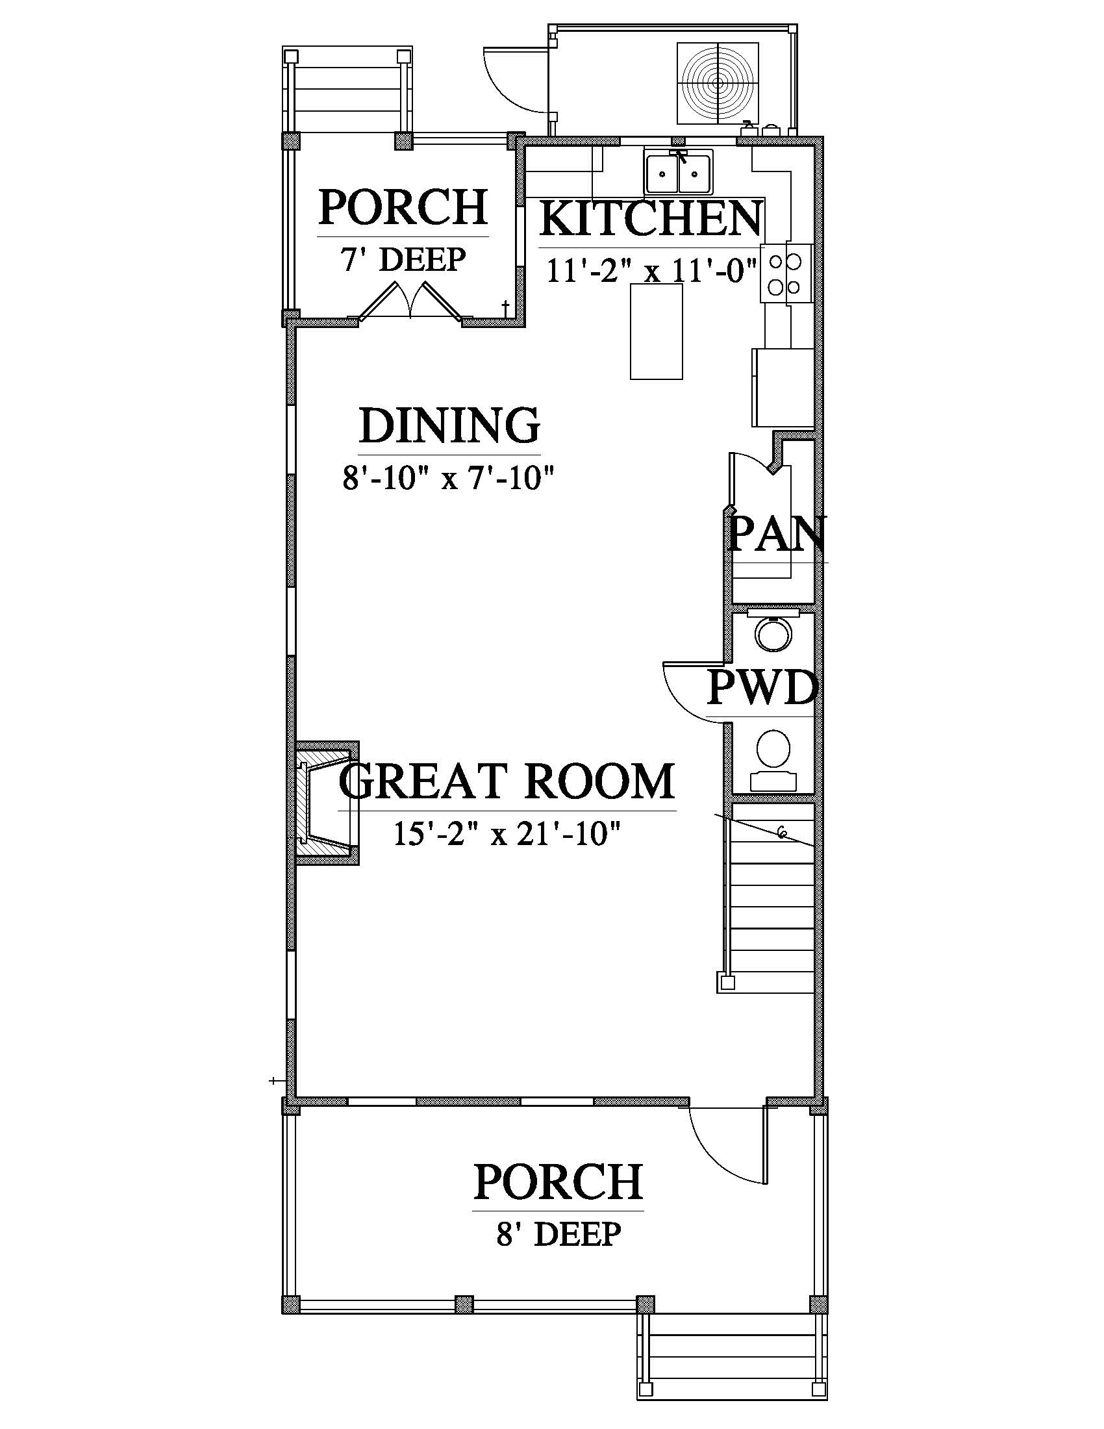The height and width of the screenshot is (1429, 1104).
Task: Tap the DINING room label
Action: point(449,425)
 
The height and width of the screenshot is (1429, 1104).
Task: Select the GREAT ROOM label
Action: point(507,781)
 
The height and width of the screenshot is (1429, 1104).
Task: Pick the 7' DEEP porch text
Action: point(402,260)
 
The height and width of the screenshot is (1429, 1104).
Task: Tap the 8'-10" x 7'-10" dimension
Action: point(449,479)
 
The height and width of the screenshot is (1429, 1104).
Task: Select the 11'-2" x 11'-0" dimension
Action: point(651,270)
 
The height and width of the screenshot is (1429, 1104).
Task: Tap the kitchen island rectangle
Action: point(657,331)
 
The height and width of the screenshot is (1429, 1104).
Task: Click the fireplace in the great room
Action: point(327,803)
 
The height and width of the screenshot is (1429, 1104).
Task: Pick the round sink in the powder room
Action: point(773,633)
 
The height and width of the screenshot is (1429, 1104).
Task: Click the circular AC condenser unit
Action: point(718,83)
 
